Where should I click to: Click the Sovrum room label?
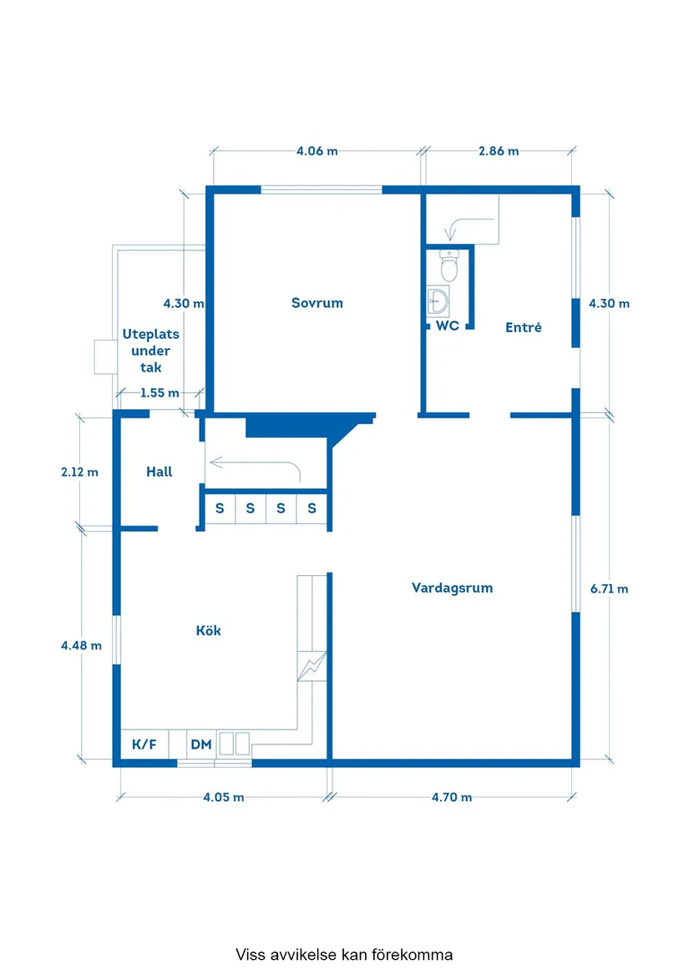317,303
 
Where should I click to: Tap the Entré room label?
523,328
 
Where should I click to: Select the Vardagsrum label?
452,588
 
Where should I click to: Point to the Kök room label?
208,631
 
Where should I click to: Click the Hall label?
159,472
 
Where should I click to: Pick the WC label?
448,326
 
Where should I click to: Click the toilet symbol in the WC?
449,265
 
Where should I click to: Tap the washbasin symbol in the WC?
438,300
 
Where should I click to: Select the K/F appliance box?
144,744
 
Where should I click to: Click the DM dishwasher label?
200,744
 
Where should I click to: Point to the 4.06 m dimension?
317,151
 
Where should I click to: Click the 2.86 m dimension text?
498,151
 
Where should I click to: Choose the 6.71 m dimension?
609,588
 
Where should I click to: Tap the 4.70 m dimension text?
451,797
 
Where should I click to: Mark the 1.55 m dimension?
159,392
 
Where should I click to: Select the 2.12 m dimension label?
79,472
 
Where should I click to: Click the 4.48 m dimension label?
81,645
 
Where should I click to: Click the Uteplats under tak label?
151,351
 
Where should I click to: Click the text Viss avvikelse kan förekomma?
344,954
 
